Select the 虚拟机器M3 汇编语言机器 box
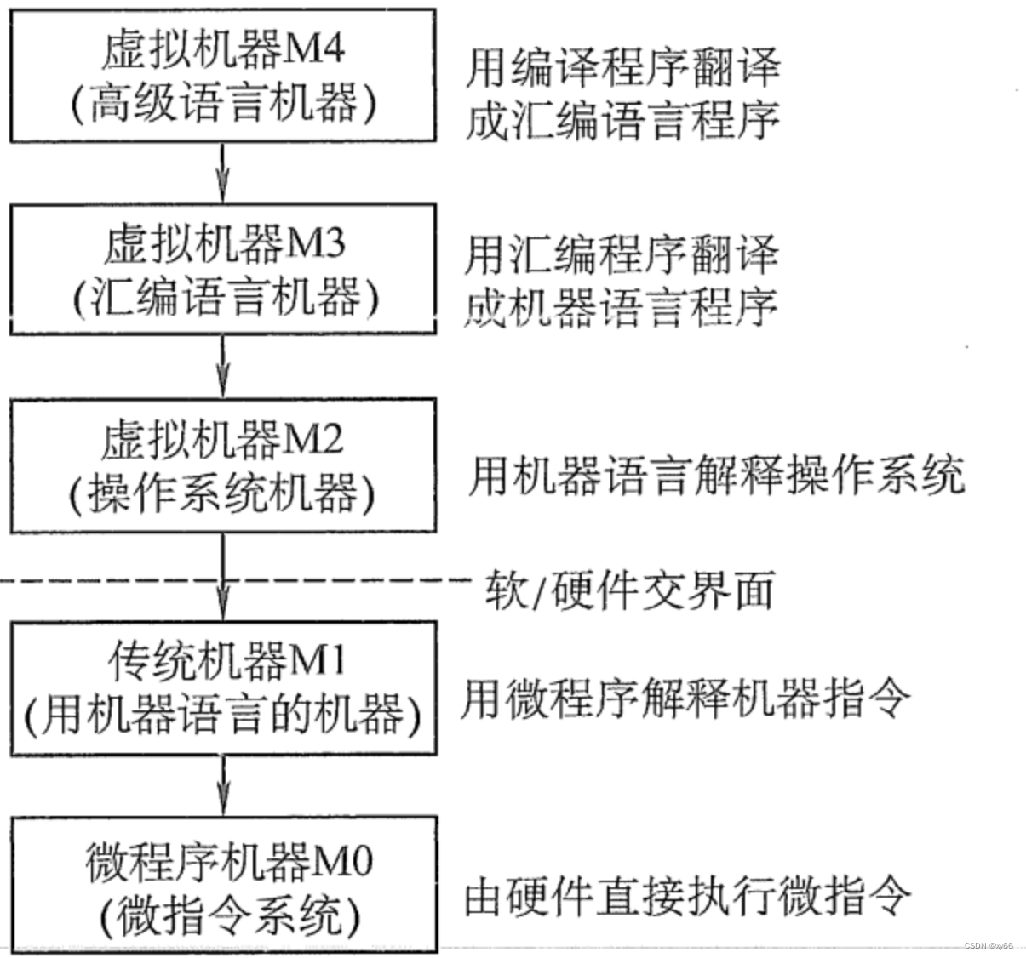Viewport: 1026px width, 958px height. [x=223, y=270]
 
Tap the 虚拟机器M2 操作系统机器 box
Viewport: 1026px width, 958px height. [x=223, y=466]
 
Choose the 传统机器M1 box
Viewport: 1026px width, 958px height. [x=223, y=688]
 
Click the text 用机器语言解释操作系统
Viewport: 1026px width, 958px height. [x=715, y=476]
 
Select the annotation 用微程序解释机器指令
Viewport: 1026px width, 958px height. [x=685, y=700]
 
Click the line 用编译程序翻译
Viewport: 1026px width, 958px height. [x=622, y=67]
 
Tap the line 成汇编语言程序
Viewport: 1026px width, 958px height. [x=622, y=120]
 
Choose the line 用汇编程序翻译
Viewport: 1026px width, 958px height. [x=622, y=254]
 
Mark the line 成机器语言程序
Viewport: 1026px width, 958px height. [x=622, y=307]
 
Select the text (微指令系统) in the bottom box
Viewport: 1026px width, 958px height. [x=223, y=915]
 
